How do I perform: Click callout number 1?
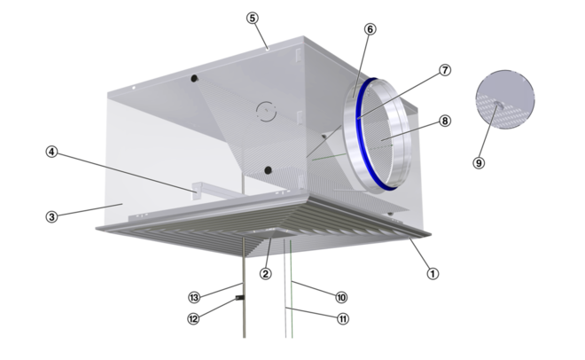pyautogui.click(x=433, y=274)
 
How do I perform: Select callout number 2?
pyautogui.click(x=265, y=274)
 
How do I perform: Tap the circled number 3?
pyautogui.click(x=52, y=216)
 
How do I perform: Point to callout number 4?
pyautogui.click(x=52, y=152)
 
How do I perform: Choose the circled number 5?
pyautogui.click(x=253, y=18)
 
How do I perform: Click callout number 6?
pyautogui.click(x=370, y=29)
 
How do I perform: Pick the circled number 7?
pyautogui.click(x=444, y=70)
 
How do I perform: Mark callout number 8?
pyautogui.click(x=444, y=121)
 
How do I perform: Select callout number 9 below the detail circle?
pyautogui.click(x=479, y=163)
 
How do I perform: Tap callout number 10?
pyautogui.click(x=341, y=297)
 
